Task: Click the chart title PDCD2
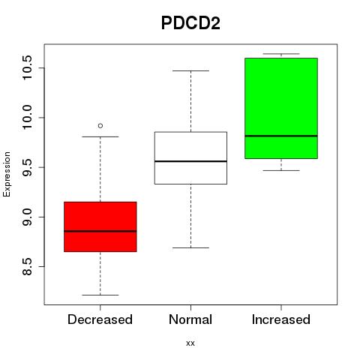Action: click(x=190, y=23)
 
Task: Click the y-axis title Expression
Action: click(x=7, y=174)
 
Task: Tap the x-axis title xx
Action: click(x=190, y=343)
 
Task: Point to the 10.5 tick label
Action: click(x=27, y=67)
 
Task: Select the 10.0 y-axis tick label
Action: click(x=27, y=118)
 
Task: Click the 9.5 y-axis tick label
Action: click(x=27, y=167)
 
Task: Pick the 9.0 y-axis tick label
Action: click(x=27, y=217)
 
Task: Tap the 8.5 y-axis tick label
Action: click(x=27, y=266)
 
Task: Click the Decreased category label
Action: click(x=100, y=319)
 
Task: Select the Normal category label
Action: click(x=190, y=319)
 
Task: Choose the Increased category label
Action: click(x=281, y=319)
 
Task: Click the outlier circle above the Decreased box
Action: click(x=100, y=126)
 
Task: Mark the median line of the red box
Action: click(x=100, y=231)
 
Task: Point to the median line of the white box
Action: click(x=190, y=161)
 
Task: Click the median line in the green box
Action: click(x=281, y=136)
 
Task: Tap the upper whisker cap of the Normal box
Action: click(x=190, y=70)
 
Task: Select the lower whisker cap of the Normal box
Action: click(x=190, y=247)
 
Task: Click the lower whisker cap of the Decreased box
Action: click(x=100, y=295)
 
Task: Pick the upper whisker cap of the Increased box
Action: click(x=281, y=54)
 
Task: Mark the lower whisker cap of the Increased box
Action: click(x=281, y=170)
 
